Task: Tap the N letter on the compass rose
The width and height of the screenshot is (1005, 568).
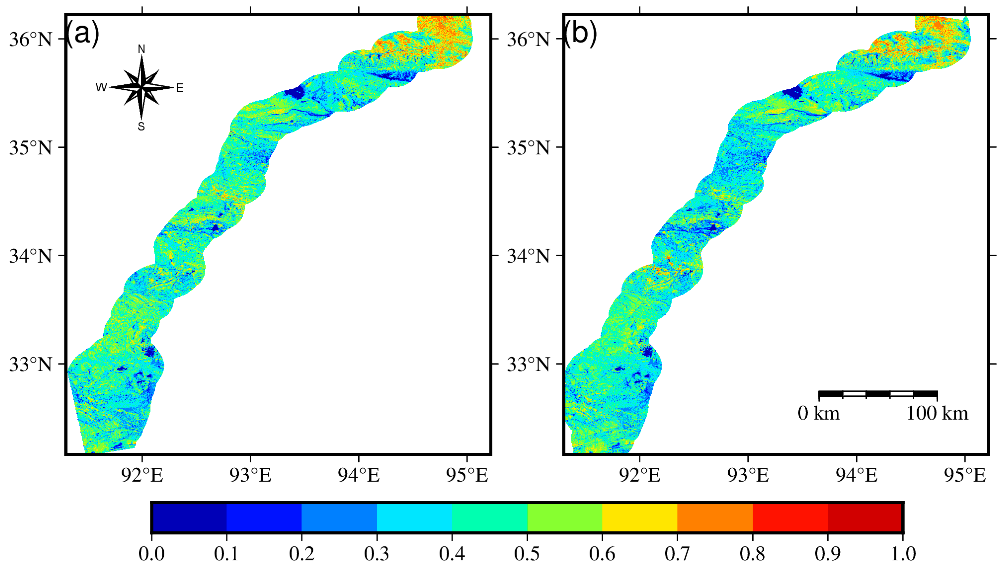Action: pos(141,49)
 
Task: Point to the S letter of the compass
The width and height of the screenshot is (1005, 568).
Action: pos(141,126)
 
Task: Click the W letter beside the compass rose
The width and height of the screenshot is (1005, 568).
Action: pos(101,87)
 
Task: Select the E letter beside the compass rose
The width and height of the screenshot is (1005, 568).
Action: pos(180,88)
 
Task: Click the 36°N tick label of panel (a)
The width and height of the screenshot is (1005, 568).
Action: pos(31,39)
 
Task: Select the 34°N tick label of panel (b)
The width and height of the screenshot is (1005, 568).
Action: pos(528,256)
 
